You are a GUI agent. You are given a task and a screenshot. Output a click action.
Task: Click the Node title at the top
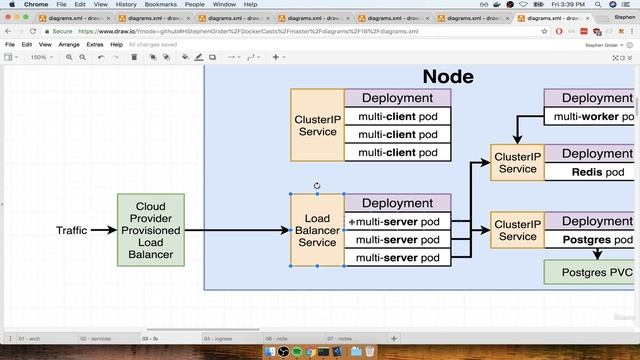tap(448, 76)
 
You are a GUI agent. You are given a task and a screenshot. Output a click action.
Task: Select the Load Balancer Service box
tap(317, 230)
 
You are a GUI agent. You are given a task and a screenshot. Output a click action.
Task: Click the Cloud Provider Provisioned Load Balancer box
tap(151, 230)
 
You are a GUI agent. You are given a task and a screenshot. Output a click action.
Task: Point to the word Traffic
tap(71, 231)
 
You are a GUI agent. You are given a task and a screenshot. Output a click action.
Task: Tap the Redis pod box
tap(589, 171)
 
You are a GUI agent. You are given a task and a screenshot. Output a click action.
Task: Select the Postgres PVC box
tap(589, 271)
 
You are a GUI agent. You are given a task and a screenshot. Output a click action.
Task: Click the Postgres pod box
tap(589, 240)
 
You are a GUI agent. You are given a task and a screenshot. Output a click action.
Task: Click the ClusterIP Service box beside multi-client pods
tap(317, 125)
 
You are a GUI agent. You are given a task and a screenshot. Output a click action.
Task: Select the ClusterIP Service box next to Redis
tap(517, 163)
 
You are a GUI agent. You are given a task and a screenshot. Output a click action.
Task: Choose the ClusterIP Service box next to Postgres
tap(517, 230)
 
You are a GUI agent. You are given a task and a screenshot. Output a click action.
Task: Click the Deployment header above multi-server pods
tap(397, 203)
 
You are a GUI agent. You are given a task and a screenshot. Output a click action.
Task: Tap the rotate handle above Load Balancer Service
tap(317, 185)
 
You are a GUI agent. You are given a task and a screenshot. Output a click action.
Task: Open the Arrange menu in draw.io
tap(69, 44)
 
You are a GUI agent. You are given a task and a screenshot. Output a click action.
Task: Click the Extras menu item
tap(95, 44)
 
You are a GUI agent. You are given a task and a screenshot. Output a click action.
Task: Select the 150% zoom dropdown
tap(40, 57)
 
